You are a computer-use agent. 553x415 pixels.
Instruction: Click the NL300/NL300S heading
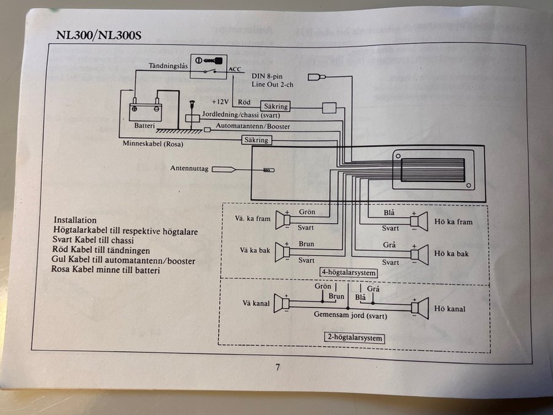pos(99,34)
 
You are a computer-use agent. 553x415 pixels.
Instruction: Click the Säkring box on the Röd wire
pos(275,106)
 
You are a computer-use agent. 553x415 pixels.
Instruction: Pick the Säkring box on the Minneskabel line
pos(256,140)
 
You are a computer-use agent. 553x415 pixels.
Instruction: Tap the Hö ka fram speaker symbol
pos(420,220)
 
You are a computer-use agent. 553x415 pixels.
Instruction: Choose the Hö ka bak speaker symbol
pos(420,252)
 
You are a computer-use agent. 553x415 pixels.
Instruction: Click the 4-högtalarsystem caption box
pos(348,272)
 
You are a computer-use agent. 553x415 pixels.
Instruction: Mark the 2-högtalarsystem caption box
pos(353,338)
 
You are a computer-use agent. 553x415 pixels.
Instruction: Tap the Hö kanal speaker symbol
pos(420,307)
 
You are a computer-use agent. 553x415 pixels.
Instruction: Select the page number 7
pos(278,367)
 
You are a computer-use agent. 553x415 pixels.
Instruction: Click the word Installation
pos(76,220)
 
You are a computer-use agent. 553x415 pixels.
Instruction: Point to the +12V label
pos(219,101)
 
